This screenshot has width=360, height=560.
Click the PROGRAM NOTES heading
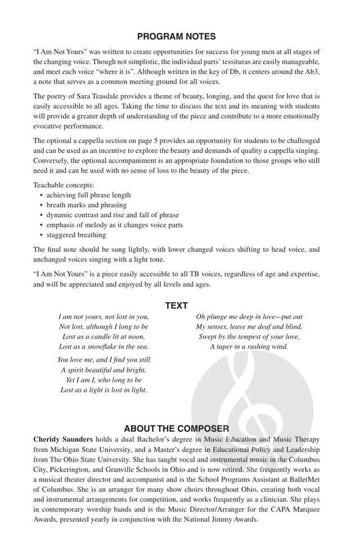[177, 37]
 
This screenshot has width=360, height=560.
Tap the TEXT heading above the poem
[177, 306]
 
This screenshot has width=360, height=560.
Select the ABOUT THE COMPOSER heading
[177, 428]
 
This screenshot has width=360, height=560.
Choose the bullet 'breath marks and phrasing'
[86, 205]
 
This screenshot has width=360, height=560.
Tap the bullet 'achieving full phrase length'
[88, 195]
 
